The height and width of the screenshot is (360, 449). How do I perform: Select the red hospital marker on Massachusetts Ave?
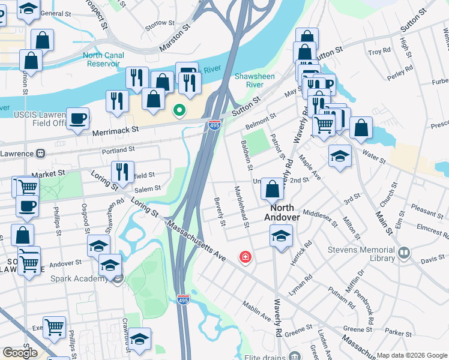click(245, 257)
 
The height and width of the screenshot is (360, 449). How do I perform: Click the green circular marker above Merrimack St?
click(178, 110)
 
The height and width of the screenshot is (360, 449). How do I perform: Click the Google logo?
click(20, 352)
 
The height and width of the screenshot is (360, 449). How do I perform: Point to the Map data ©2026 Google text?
click(411, 355)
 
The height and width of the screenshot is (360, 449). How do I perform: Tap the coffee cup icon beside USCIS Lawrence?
click(78, 118)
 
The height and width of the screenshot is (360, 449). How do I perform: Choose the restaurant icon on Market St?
click(122, 172)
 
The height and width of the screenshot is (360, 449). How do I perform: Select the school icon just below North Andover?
click(280, 235)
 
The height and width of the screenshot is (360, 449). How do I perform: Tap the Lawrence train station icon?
click(41, 153)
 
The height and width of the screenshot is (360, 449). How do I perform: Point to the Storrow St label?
click(160, 25)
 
